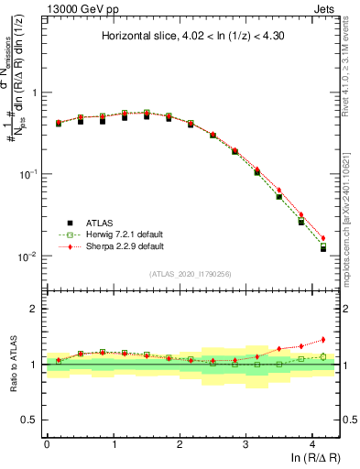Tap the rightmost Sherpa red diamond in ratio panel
click(322, 340)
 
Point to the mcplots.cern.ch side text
click(352, 211)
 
